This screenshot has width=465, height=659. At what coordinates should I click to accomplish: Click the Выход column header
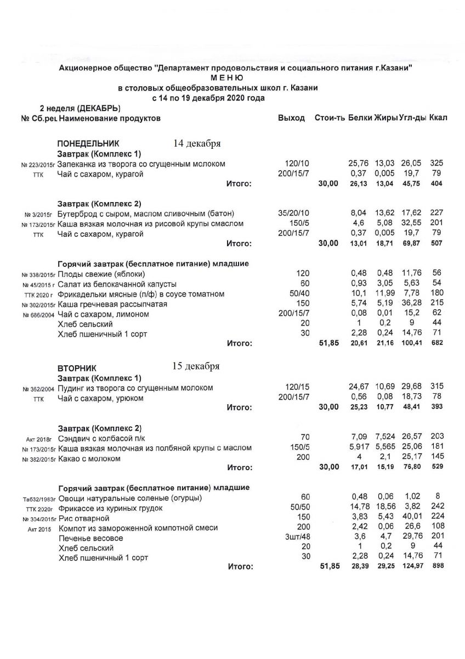pyautogui.click(x=291, y=119)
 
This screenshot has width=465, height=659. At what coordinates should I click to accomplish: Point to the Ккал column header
pyautogui.click(x=438, y=119)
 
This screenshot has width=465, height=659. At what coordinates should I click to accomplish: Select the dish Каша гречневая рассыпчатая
pyautogui.click(x=112, y=304)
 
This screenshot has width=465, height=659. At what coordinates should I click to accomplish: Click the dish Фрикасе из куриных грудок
pyautogui.click(x=110, y=509)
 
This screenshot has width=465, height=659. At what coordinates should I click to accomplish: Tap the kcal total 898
pyautogui.click(x=438, y=566)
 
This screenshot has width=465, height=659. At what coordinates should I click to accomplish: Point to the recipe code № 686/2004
pyautogui.click(x=38, y=315)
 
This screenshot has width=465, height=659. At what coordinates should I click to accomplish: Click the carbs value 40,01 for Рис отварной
pyautogui.click(x=411, y=518)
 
